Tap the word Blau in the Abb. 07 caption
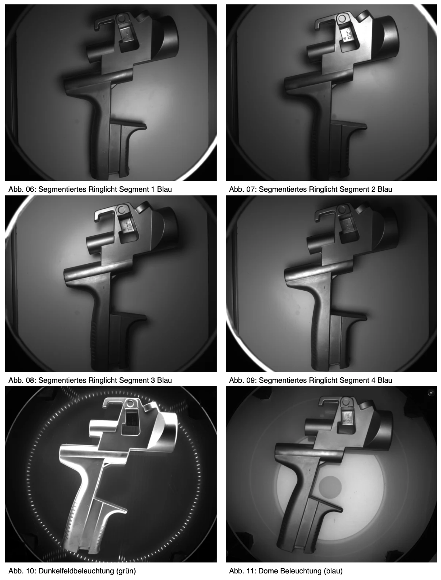(385, 189)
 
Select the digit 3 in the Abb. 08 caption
(153, 380)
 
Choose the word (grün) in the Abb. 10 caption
(126, 571)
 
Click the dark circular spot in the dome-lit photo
(330, 487)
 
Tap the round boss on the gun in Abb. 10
(130, 404)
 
